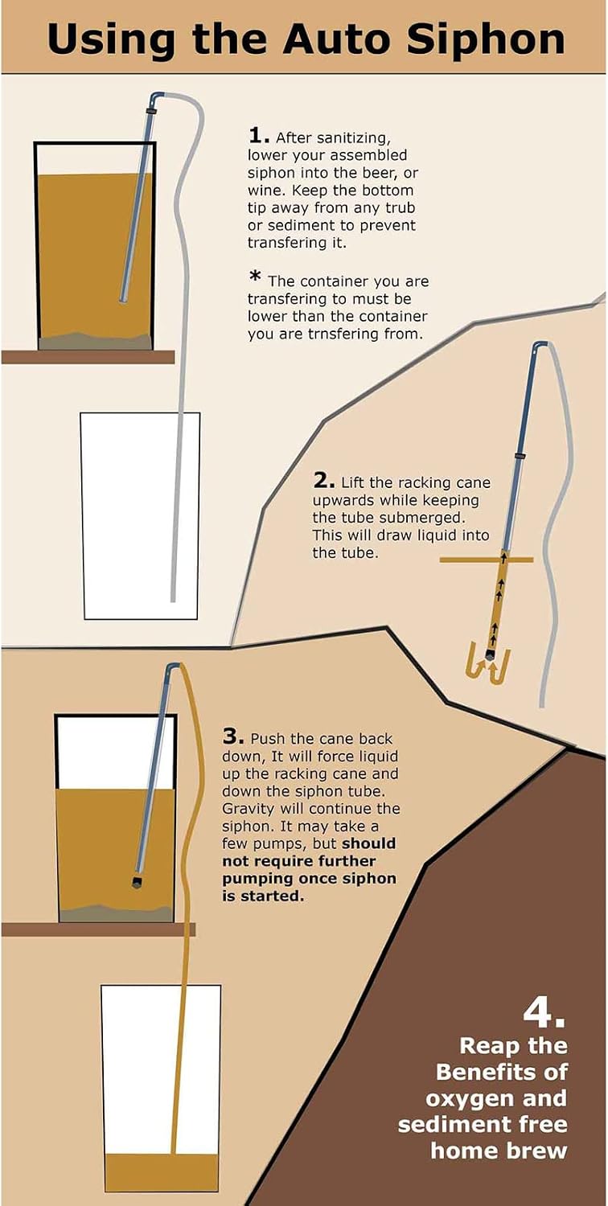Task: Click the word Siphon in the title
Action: [485, 40]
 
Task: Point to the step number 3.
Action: [232, 736]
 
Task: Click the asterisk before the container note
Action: [255, 277]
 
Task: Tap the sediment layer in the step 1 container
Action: [95, 341]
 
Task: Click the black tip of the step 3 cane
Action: [138, 881]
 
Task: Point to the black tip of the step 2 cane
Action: [491, 655]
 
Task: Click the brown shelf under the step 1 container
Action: [88, 357]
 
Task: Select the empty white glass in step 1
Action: [140, 516]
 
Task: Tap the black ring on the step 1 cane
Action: [151, 112]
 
